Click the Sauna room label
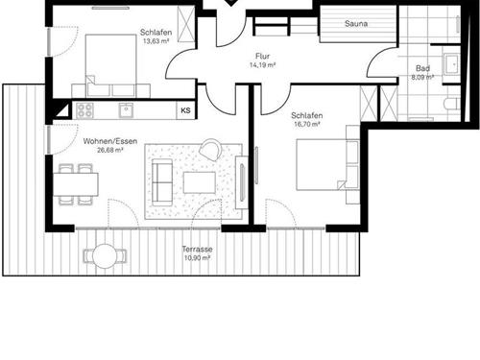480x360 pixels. click(356, 23)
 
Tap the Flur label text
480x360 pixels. click(262, 57)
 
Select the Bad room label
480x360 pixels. click(422, 68)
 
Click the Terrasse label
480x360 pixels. click(197, 249)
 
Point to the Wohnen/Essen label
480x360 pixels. click(110, 141)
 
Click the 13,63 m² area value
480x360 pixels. click(156, 41)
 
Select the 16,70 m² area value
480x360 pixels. click(307, 124)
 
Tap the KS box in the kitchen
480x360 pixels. click(185, 110)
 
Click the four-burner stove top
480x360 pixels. click(84, 110)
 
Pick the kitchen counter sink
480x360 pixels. click(127, 110)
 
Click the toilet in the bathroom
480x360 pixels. click(452, 104)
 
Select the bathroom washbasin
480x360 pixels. click(451, 64)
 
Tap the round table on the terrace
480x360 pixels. click(105, 255)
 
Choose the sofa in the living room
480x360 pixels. click(162, 182)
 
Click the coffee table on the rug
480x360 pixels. click(200, 182)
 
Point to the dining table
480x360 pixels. click(76, 184)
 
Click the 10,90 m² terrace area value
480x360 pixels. click(197, 258)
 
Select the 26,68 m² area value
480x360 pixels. click(110, 150)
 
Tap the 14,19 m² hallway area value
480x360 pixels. click(262, 65)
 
